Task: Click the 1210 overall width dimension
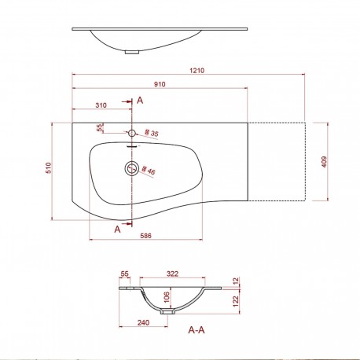pyautogui.click(x=197, y=71)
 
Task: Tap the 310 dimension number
pyautogui.click(x=101, y=105)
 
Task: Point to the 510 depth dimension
pyautogui.click(x=47, y=167)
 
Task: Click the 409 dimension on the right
pyautogui.click(x=323, y=162)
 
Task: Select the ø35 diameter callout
pyautogui.click(x=151, y=135)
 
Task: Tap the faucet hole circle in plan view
pyautogui.click(x=132, y=132)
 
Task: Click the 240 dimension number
pyautogui.click(x=142, y=322)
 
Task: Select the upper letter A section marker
pyautogui.click(x=140, y=101)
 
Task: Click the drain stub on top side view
pyautogui.click(x=132, y=52)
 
